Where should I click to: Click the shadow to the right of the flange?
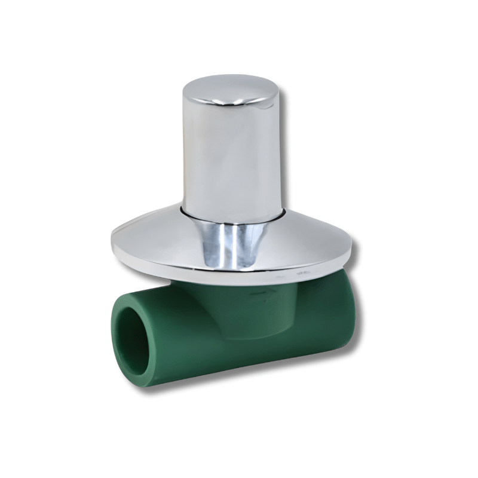[358, 263]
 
